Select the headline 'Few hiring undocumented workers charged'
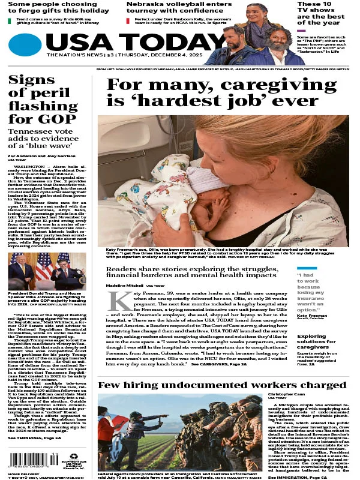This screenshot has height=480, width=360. click(222, 385)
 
